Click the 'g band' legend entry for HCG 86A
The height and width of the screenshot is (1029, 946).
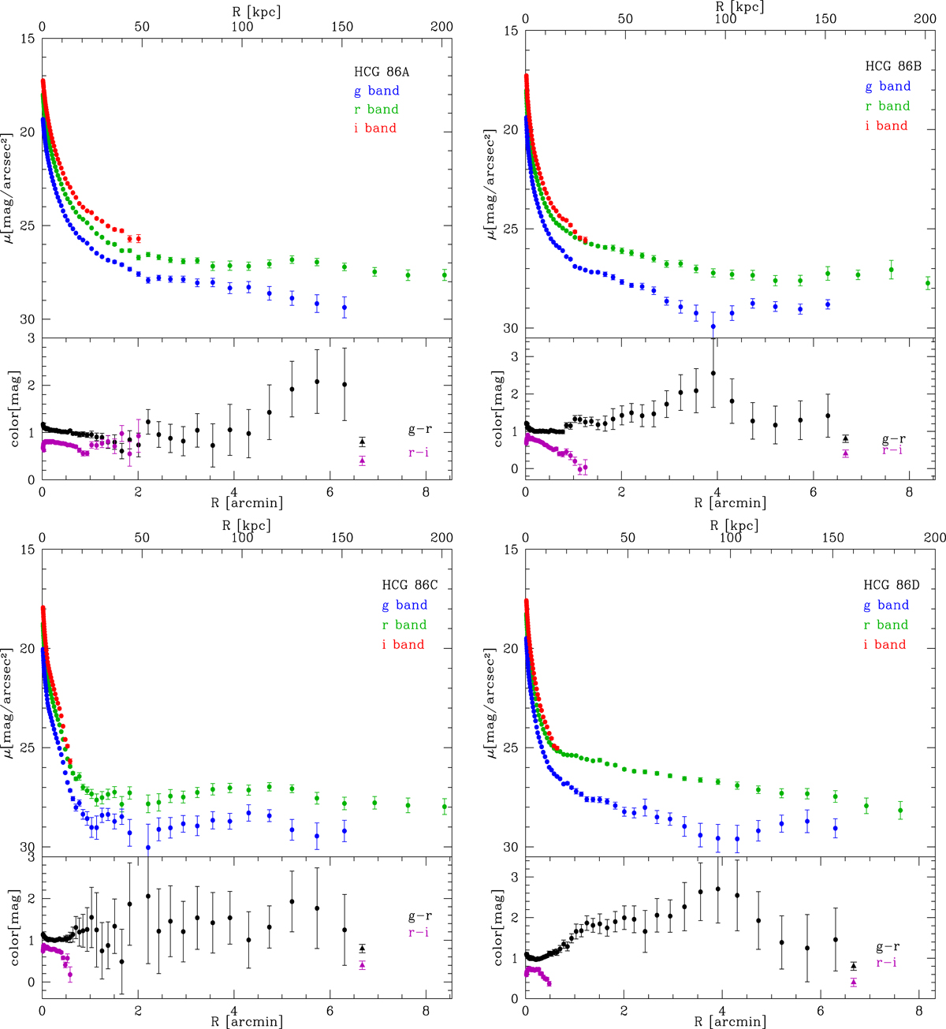378,91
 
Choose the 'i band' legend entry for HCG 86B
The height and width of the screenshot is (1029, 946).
886,125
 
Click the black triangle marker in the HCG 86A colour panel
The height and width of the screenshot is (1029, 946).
362,442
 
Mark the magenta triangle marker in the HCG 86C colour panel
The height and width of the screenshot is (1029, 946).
362,964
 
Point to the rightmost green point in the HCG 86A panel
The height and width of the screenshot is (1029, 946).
445,275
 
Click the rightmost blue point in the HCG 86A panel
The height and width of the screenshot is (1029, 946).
345,308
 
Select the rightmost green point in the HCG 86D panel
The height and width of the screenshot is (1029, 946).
900,811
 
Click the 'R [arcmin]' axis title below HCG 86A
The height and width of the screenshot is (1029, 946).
246,502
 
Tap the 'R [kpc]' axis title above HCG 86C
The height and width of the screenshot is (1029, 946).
246,526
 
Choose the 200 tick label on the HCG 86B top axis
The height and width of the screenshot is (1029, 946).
925,19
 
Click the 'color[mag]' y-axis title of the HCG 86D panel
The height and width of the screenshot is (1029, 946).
498,928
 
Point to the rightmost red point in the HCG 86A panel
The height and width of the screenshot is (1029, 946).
138,238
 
